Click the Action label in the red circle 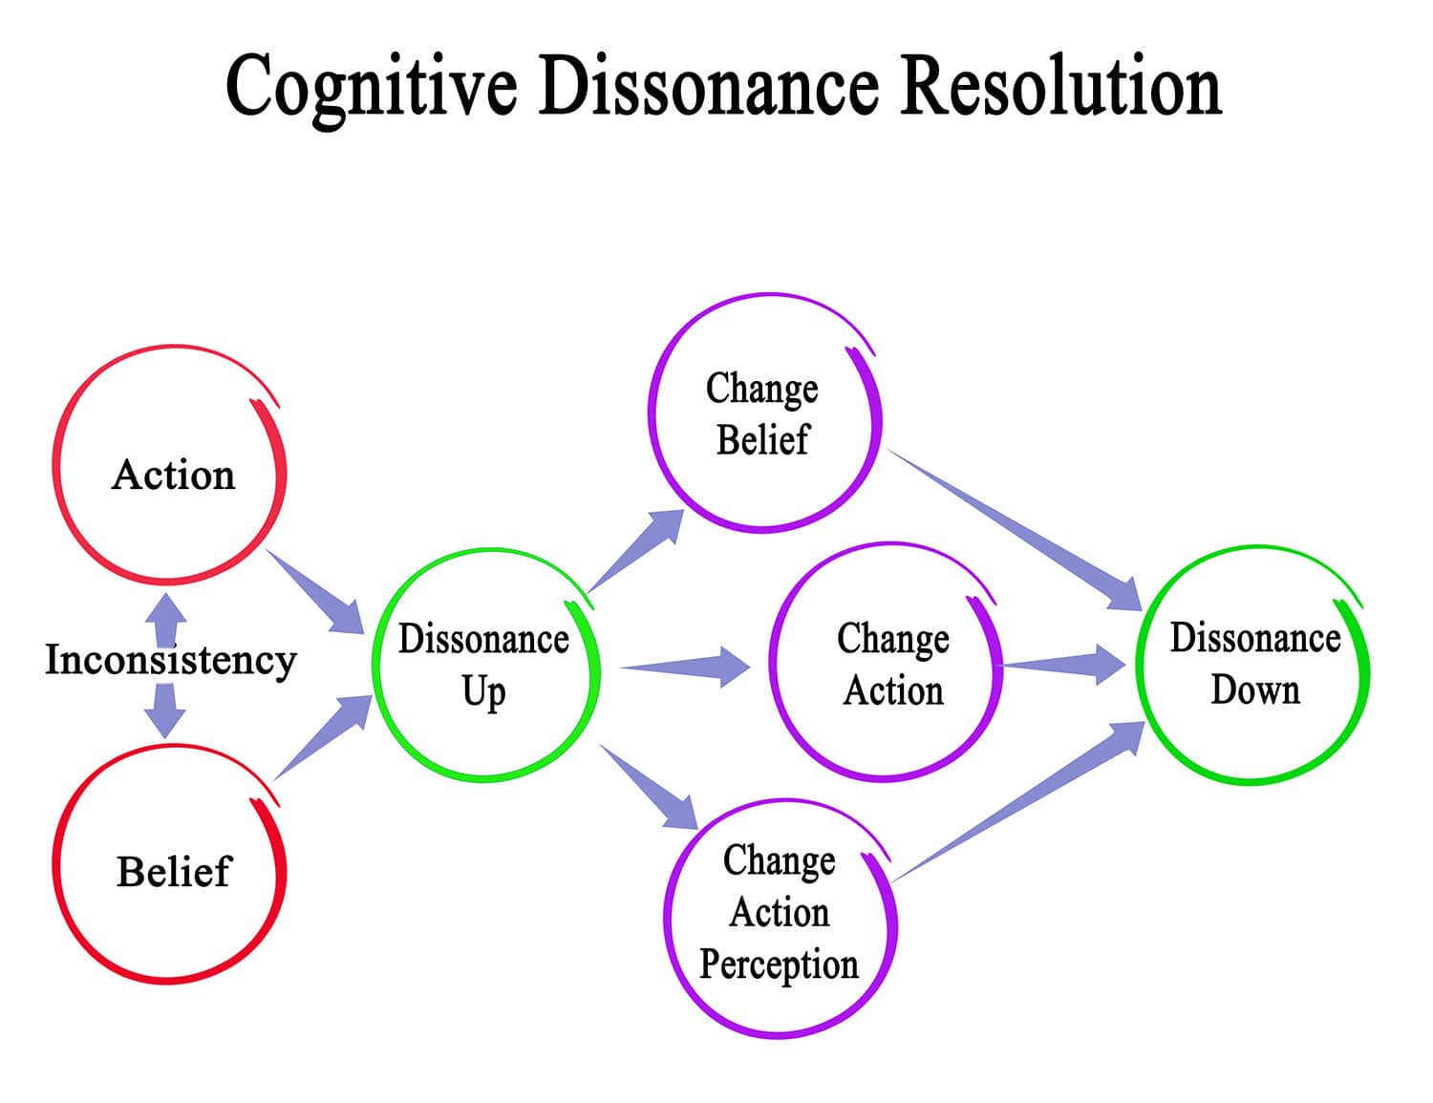[x=173, y=475]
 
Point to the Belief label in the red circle [x=174, y=871]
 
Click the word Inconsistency [x=171, y=660]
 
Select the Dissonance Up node [x=484, y=665]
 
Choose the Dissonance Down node [x=1253, y=665]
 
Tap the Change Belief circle [x=762, y=414]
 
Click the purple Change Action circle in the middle [x=892, y=665]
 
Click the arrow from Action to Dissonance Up [x=316, y=593]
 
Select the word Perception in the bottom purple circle [x=779, y=965]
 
